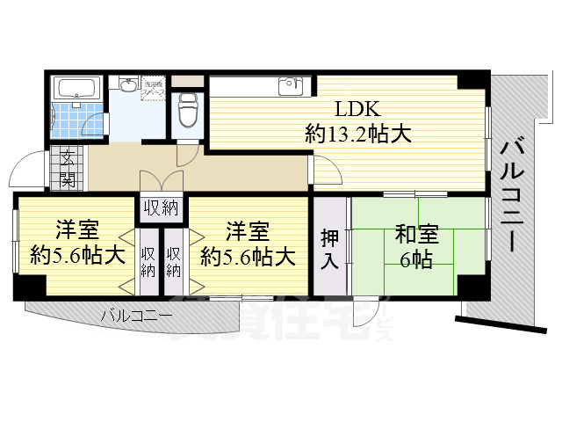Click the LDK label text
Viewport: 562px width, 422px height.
357,110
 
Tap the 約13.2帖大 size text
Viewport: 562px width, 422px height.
358,135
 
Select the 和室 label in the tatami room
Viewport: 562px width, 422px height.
418,235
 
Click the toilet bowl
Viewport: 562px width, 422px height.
186,111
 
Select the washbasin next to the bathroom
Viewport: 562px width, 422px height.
129,85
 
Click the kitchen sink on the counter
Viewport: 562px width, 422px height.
290,86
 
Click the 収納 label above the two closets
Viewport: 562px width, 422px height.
161,207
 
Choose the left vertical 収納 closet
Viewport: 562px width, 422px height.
148,262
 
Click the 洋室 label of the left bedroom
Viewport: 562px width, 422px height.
76,231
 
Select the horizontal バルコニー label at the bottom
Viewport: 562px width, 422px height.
135,315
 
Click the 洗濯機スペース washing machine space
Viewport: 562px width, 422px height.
153,89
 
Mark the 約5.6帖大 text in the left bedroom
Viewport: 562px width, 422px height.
76,257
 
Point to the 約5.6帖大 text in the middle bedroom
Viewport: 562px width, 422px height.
247,257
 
